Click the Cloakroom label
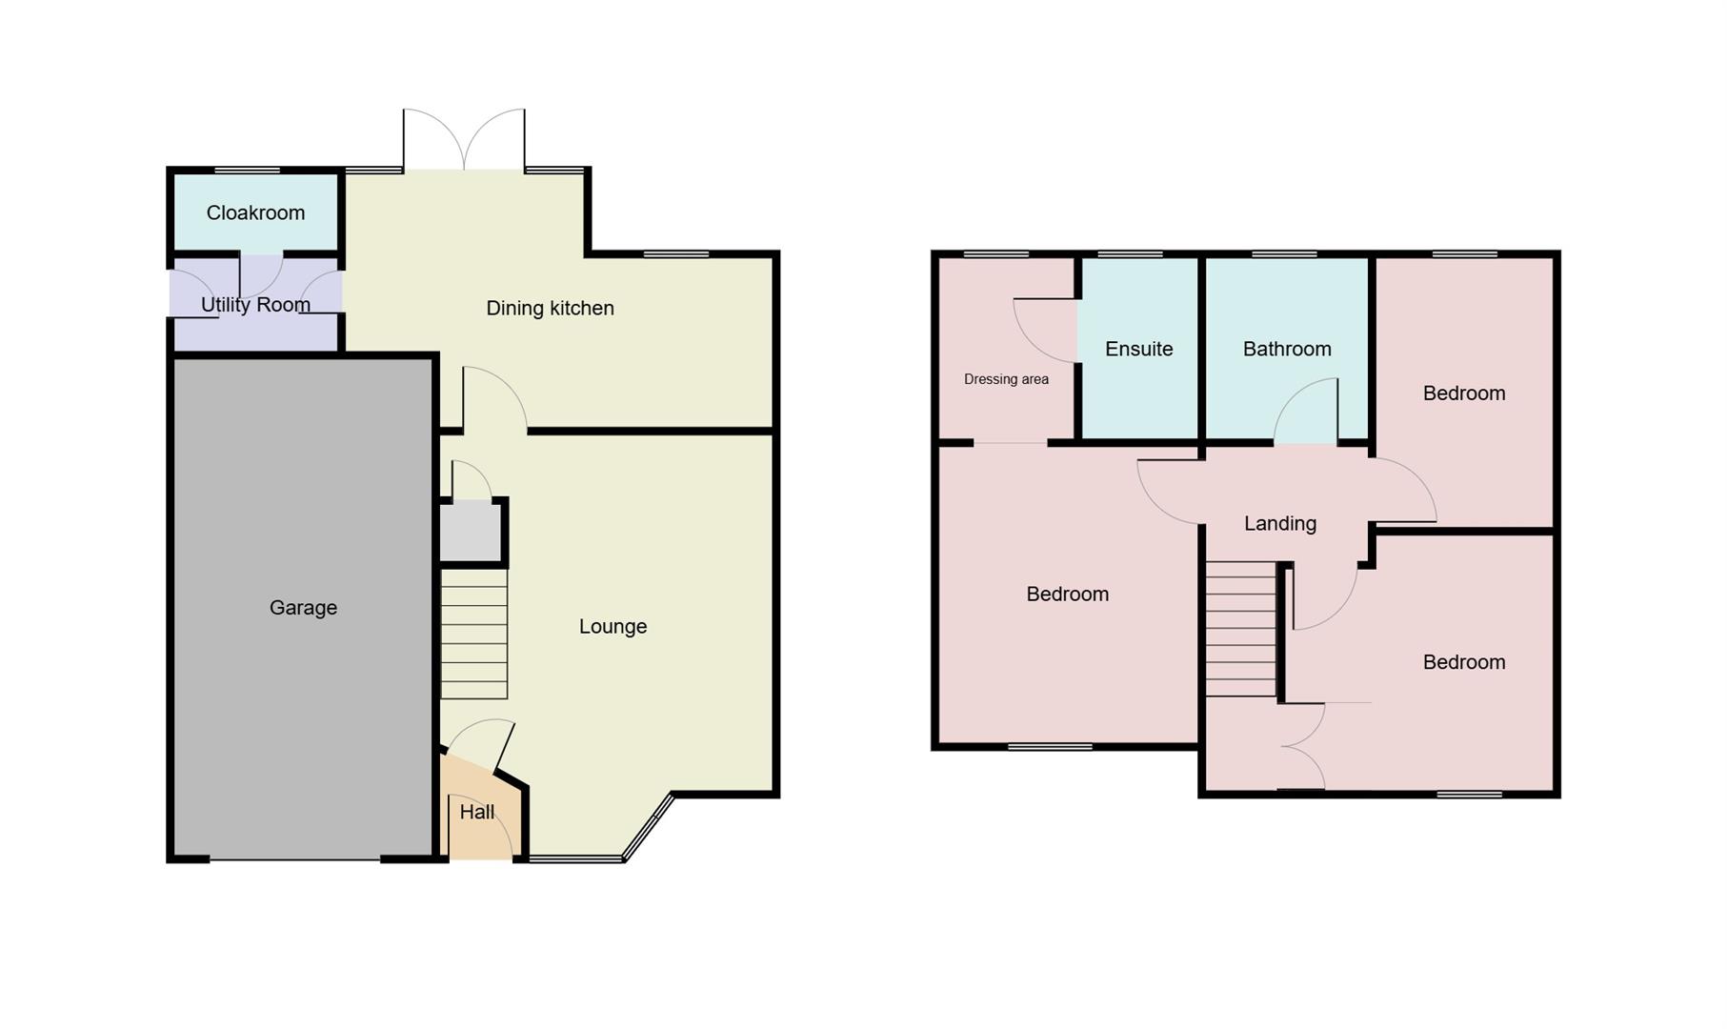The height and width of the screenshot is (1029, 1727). click(255, 212)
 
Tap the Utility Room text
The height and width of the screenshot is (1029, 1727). click(255, 305)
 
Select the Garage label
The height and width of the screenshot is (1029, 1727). click(303, 608)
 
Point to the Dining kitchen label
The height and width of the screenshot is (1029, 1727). click(550, 309)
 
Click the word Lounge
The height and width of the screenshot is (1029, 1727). click(612, 627)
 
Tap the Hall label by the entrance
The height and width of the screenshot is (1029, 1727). click(476, 812)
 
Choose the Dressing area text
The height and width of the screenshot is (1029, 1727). click(1006, 379)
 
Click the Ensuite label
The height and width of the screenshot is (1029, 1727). click(1138, 350)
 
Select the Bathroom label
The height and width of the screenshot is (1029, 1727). click(1286, 350)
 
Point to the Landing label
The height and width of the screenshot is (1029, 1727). click(1279, 524)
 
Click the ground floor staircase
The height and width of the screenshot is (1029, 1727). click(473, 635)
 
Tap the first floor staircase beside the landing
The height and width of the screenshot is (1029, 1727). click(1240, 629)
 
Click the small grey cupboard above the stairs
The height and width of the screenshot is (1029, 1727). click(470, 533)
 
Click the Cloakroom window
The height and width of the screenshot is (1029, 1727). click(247, 171)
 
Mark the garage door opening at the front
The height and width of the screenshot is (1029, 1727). click(294, 859)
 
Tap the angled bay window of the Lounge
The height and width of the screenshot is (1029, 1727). click(648, 827)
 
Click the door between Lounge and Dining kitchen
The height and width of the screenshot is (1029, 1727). click(494, 399)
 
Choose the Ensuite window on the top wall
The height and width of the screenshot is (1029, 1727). click(1130, 254)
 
